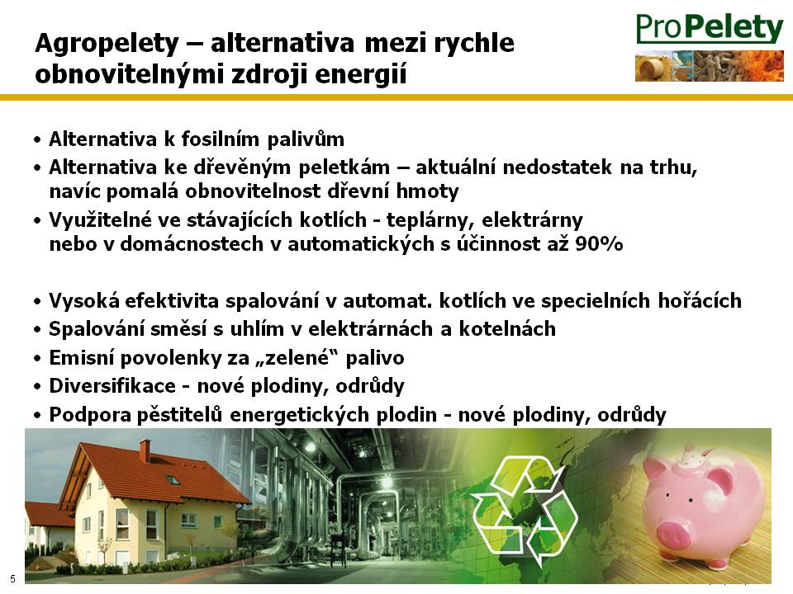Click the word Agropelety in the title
pos(107,44)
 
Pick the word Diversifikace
pos(112,386)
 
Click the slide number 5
pos(12,579)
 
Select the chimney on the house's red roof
pos(145,450)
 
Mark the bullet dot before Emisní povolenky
pos(37,359)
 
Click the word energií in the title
pos(361,75)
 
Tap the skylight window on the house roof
pos(173,479)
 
